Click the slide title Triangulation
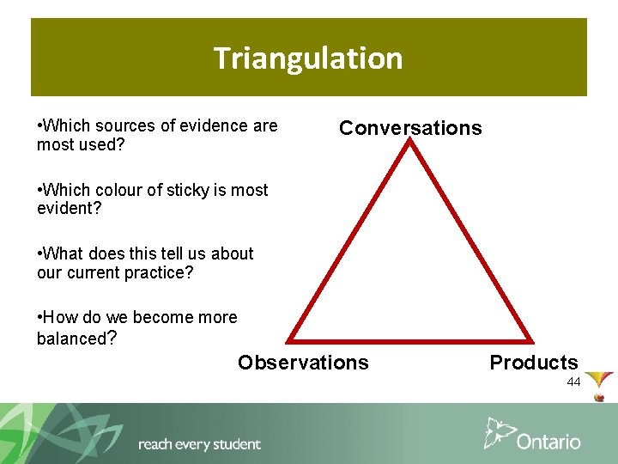pyautogui.click(x=308, y=58)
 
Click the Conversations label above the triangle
pyautogui.click(x=410, y=128)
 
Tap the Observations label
pyautogui.click(x=303, y=363)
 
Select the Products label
pyautogui.click(x=534, y=363)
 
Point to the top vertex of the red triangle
pyautogui.click(x=411, y=143)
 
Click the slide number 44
pyautogui.click(x=573, y=382)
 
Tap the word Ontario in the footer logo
pyautogui.click(x=548, y=442)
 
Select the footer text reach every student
pyautogui.click(x=199, y=444)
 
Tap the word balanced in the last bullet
pyautogui.click(x=70, y=339)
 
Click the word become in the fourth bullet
pyautogui.click(x=163, y=317)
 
